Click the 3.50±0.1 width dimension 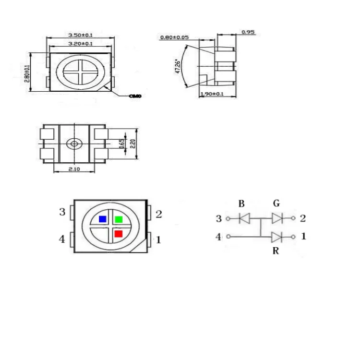tap(80, 35)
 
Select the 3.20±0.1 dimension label tap(81, 44)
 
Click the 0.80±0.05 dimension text tap(174, 37)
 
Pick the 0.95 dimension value tap(248, 32)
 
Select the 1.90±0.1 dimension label tap(212, 94)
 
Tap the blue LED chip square tap(102, 219)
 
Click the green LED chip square tap(119, 219)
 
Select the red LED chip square tap(119, 234)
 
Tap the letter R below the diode tap(276, 251)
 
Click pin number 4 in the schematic tap(219, 237)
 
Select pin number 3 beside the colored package tap(62, 212)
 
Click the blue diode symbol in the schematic tap(244, 219)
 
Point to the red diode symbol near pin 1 tap(276, 236)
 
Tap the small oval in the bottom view tap(74, 144)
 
